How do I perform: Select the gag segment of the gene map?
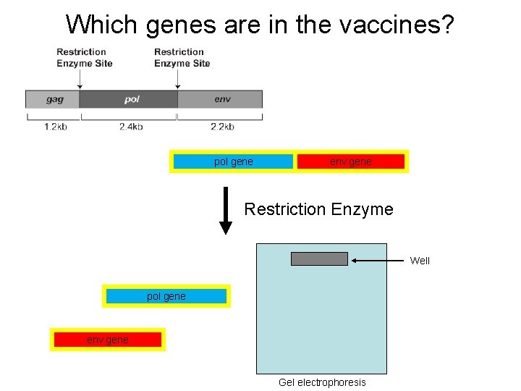53,99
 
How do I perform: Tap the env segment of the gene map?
221,99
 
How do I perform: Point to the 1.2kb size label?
56,127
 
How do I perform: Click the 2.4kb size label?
131,127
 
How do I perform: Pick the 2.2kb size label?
222,127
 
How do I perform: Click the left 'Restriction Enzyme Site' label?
84,57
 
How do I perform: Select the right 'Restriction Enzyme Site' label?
182,57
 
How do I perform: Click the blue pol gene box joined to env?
233,161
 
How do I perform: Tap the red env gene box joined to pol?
351,161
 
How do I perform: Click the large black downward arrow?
226,211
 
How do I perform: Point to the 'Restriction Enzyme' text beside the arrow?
318,209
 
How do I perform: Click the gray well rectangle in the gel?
319,258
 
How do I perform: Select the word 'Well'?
420,261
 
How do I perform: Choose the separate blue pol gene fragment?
166,296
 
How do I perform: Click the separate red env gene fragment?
108,340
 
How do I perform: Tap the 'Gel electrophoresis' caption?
322,382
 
